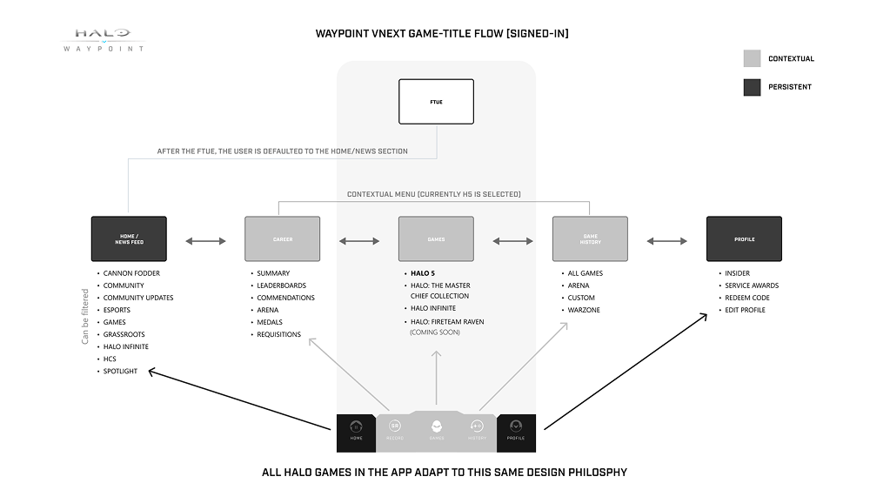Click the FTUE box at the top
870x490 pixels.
(436, 101)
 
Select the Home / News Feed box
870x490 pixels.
(129, 238)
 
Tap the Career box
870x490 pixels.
(283, 238)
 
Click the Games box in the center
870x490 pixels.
(436, 238)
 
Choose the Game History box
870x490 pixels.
(590, 238)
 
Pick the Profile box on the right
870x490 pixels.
(744, 238)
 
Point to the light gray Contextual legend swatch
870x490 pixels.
(752, 59)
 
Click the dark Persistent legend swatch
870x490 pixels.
(752, 87)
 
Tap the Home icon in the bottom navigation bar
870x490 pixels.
(356, 429)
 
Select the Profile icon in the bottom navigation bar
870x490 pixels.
(516, 429)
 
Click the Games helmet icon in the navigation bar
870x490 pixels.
(436, 427)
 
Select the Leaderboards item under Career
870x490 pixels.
(281, 285)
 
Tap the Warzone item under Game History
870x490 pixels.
(584, 310)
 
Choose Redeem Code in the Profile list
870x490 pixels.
(746, 298)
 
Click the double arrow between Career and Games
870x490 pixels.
(359, 240)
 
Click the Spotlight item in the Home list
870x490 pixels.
(120, 371)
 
